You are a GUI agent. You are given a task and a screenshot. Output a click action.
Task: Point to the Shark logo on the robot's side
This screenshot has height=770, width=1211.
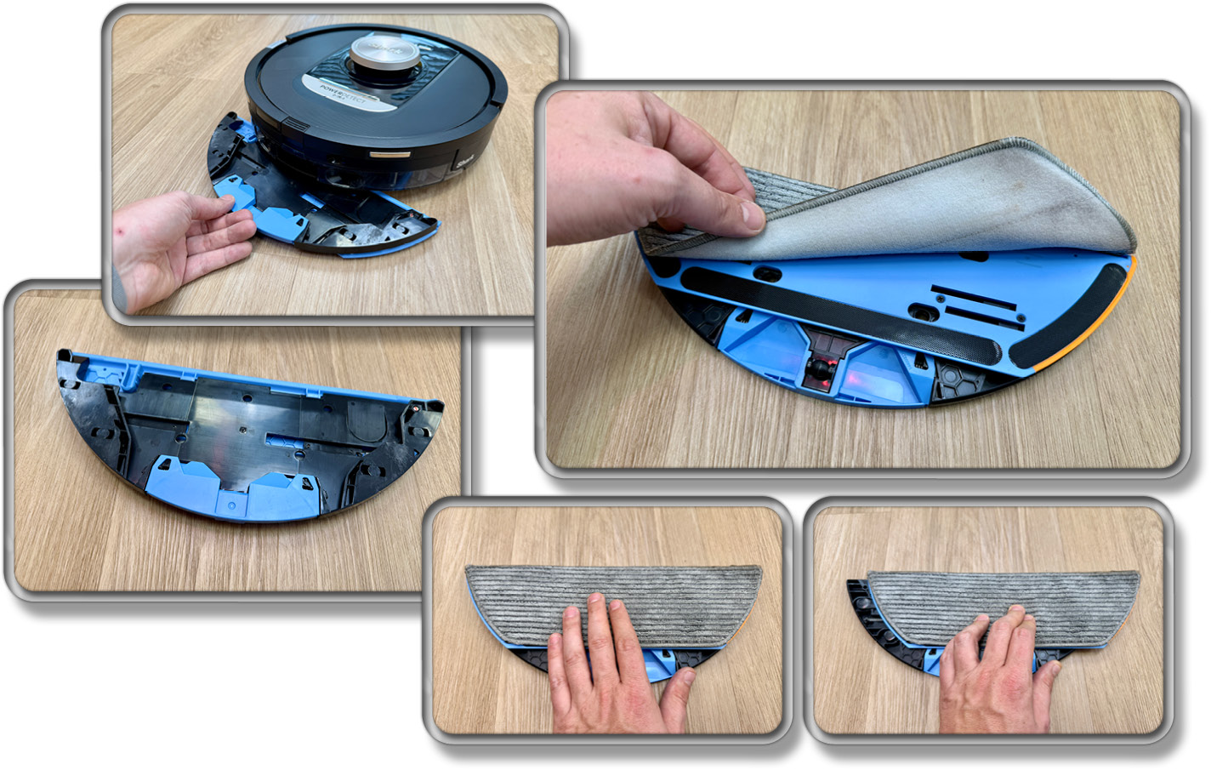(467, 157)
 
